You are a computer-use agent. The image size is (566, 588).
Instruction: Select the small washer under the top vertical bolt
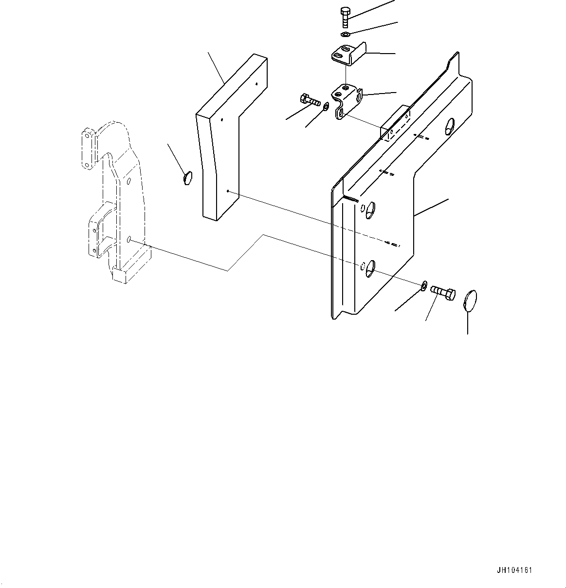tap(345, 35)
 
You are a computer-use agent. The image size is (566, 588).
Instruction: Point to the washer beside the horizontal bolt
tap(326, 106)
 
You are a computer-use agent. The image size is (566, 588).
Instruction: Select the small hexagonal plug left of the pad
tap(188, 178)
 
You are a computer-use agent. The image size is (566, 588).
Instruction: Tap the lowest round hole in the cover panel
tap(370, 266)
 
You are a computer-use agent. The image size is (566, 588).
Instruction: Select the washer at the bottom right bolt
tap(424, 285)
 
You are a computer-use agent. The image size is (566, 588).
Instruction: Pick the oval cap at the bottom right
tap(469, 299)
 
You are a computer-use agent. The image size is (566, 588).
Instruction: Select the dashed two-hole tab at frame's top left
tap(87, 149)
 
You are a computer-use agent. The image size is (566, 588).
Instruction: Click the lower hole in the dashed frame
tap(129, 239)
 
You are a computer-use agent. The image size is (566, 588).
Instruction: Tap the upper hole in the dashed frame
tap(129, 181)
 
